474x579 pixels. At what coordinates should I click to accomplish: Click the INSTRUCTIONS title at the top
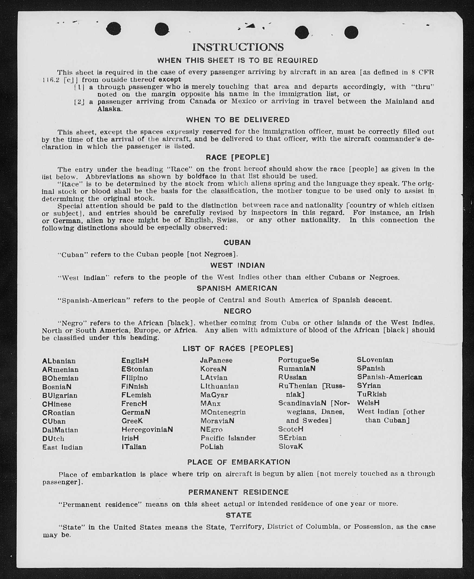pyautogui.click(x=238, y=47)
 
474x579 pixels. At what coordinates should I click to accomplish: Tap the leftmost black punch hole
pyautogui.click(x=113, y=29)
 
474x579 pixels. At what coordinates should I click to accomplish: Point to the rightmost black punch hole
pyautogui.click(x=351, y=33)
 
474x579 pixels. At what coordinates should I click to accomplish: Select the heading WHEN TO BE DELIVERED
pyautogui.click(x=238, y=120)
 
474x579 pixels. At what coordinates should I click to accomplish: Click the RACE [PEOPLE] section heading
pyautogui.click(x=237, y=157)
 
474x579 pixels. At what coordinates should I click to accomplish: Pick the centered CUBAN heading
pyautogui.click(x=237, y=242)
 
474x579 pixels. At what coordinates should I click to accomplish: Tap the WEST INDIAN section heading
pyautogui.click(x=237, y=266)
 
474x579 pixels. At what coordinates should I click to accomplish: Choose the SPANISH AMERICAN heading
pyautogui.click(x=237, y=288)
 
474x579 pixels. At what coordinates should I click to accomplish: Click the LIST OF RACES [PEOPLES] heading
pyautogui.click(x=238, y=348)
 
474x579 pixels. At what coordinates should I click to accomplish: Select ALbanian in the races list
pyautogui.click(x=59, y=361)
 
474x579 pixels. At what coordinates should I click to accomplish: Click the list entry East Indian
pyautogui.click(x=62, y=447)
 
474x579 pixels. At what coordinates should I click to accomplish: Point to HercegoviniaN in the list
pyautogui.click(x=147, y=429)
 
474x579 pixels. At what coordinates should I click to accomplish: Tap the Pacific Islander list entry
pyautogui.click(x=228, y=438)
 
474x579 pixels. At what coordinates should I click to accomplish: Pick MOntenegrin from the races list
pyautogui.click(x=223, y=412)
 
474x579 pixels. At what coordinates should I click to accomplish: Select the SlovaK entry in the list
pyautogui.click(x=290, y=447)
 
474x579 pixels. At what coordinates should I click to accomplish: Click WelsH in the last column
pyautogui.click(x=368, y=403)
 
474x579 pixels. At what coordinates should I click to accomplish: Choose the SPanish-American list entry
pyautogui.click(x=389, y=377)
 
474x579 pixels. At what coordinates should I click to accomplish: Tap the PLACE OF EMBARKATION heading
pyautogui.click(x=238, y=462)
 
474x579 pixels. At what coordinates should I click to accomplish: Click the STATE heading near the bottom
pyautogui.click(x=238, y=515)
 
